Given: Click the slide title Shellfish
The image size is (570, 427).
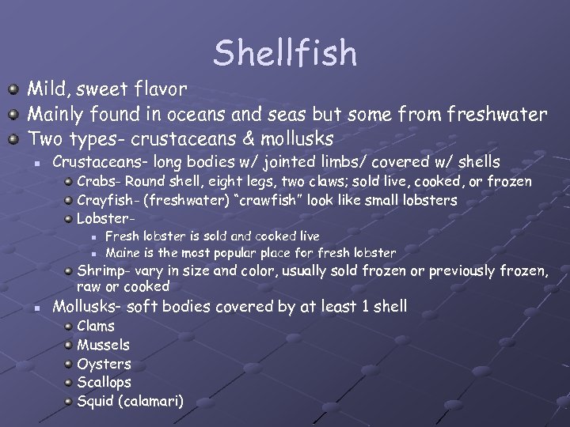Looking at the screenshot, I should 285,53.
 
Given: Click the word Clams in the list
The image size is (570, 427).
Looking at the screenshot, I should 96,326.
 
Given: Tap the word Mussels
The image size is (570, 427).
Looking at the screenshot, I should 103,345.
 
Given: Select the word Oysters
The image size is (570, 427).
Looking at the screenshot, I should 104,364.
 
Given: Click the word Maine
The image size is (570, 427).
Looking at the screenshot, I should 123,253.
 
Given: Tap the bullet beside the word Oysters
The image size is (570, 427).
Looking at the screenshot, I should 69,364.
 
